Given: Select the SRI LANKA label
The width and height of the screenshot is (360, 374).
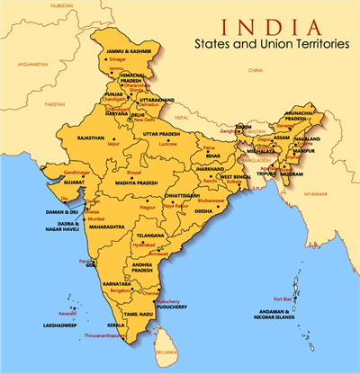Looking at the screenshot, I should click(166, 356).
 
